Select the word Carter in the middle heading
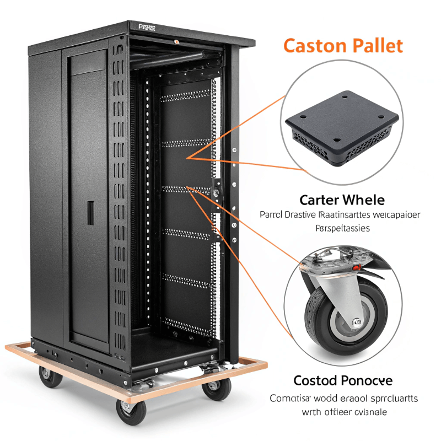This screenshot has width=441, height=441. point(319,199)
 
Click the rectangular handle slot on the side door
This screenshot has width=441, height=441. point(90,212)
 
